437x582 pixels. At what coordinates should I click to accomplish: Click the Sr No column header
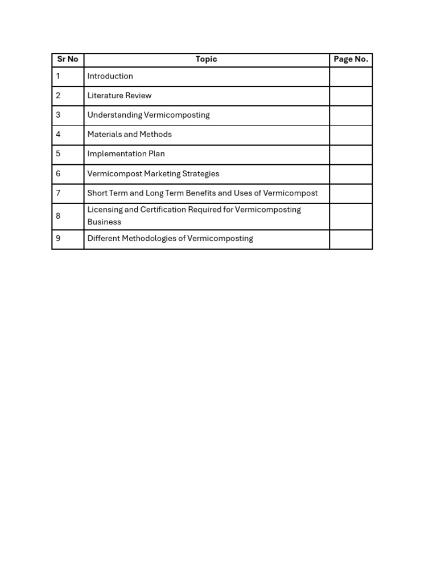[x=68, y=59]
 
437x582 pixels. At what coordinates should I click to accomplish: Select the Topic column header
[x=206, y=59]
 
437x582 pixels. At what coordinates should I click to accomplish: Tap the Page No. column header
[x=351, y=59]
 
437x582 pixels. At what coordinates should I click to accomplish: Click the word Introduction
[x=110, y=76]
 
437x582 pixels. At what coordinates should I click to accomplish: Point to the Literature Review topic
[x=119, y=95]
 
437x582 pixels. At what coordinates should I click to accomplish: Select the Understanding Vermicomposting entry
[x=149, y=115]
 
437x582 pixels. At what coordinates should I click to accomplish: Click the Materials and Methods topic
[x=129, y=134]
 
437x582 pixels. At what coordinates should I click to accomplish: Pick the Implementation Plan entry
[x=126, y=153]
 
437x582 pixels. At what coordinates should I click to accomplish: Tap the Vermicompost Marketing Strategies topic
[x=153, y=174]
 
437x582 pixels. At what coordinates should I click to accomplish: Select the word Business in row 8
[x=104, y=222]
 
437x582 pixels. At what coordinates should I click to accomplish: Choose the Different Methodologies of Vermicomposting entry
[x=170, y=239]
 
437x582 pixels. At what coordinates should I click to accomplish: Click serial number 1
[x=58, y=76]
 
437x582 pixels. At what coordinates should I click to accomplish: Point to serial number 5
[x=58, y=153]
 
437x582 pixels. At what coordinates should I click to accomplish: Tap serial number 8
[x=58, y=216]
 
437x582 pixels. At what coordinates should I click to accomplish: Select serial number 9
[x=58, y=239]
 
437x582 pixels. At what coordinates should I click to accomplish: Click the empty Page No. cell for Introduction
[x=351, y=77]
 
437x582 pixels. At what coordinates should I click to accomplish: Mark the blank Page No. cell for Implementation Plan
[x=351, y=155]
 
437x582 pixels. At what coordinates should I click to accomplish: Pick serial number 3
[x=58, y=115]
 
